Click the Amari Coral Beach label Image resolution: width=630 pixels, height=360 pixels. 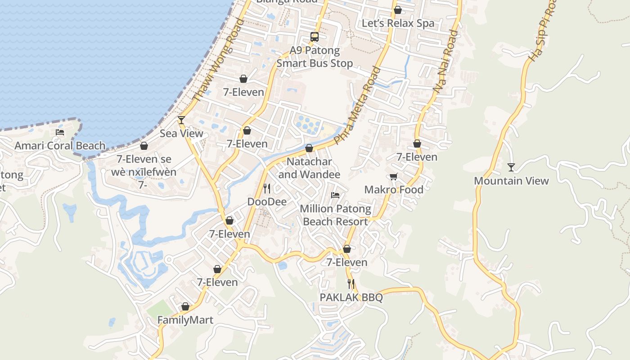pyautogui.click(x=60, y=145)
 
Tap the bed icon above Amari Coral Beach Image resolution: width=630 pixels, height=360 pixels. pyautogui.click(x=59, y=132)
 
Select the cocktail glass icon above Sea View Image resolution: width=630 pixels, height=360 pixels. pyautogui.click(x=181, y=120)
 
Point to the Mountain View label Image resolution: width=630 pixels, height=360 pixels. pyautogui.click(x=511, y=181)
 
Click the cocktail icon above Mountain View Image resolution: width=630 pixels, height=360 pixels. pyautogui.click(x=511, y=167)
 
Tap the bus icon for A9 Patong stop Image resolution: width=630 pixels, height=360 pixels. pyautogui.click(x=315, y=37)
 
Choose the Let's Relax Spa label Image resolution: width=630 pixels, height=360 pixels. pyautogui.click(x=398, y=23)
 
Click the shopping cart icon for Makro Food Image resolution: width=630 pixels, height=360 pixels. pyautogui.click(x=394, y=176)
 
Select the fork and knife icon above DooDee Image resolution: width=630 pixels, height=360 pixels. pyautogui.click(x=267, y=188)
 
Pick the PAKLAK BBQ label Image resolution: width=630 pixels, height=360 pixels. pyautogui.click(x=351, y=297)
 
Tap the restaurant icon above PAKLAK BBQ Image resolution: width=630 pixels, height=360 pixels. pyautogui.click(x=351, y=284)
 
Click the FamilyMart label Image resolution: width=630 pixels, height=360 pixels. pyautogui.click(x=185, y=320)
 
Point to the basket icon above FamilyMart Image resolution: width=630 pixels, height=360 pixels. pyautogui.click(x=185, y=306)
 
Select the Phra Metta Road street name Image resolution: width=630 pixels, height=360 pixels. pyautogui.click(x=357, y=104)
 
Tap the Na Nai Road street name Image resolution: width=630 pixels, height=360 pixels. pyautogui.click(x=446, y=62)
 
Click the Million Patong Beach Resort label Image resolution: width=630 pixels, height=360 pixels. pyautogui.click(x=335, y=215)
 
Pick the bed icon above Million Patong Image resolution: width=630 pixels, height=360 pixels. pyautogui.click(x=335, y=195)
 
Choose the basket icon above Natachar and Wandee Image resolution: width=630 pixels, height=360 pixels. pyautogui.click(x=309, y=148)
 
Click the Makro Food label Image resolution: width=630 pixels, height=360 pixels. pyautogui.click(x=394, y=189)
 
